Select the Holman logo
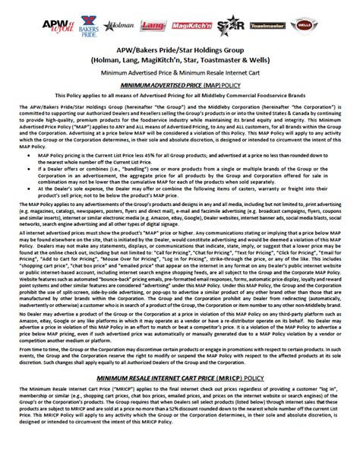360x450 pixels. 120,27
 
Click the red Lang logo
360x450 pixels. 153,27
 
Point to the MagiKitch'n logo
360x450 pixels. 191,27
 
